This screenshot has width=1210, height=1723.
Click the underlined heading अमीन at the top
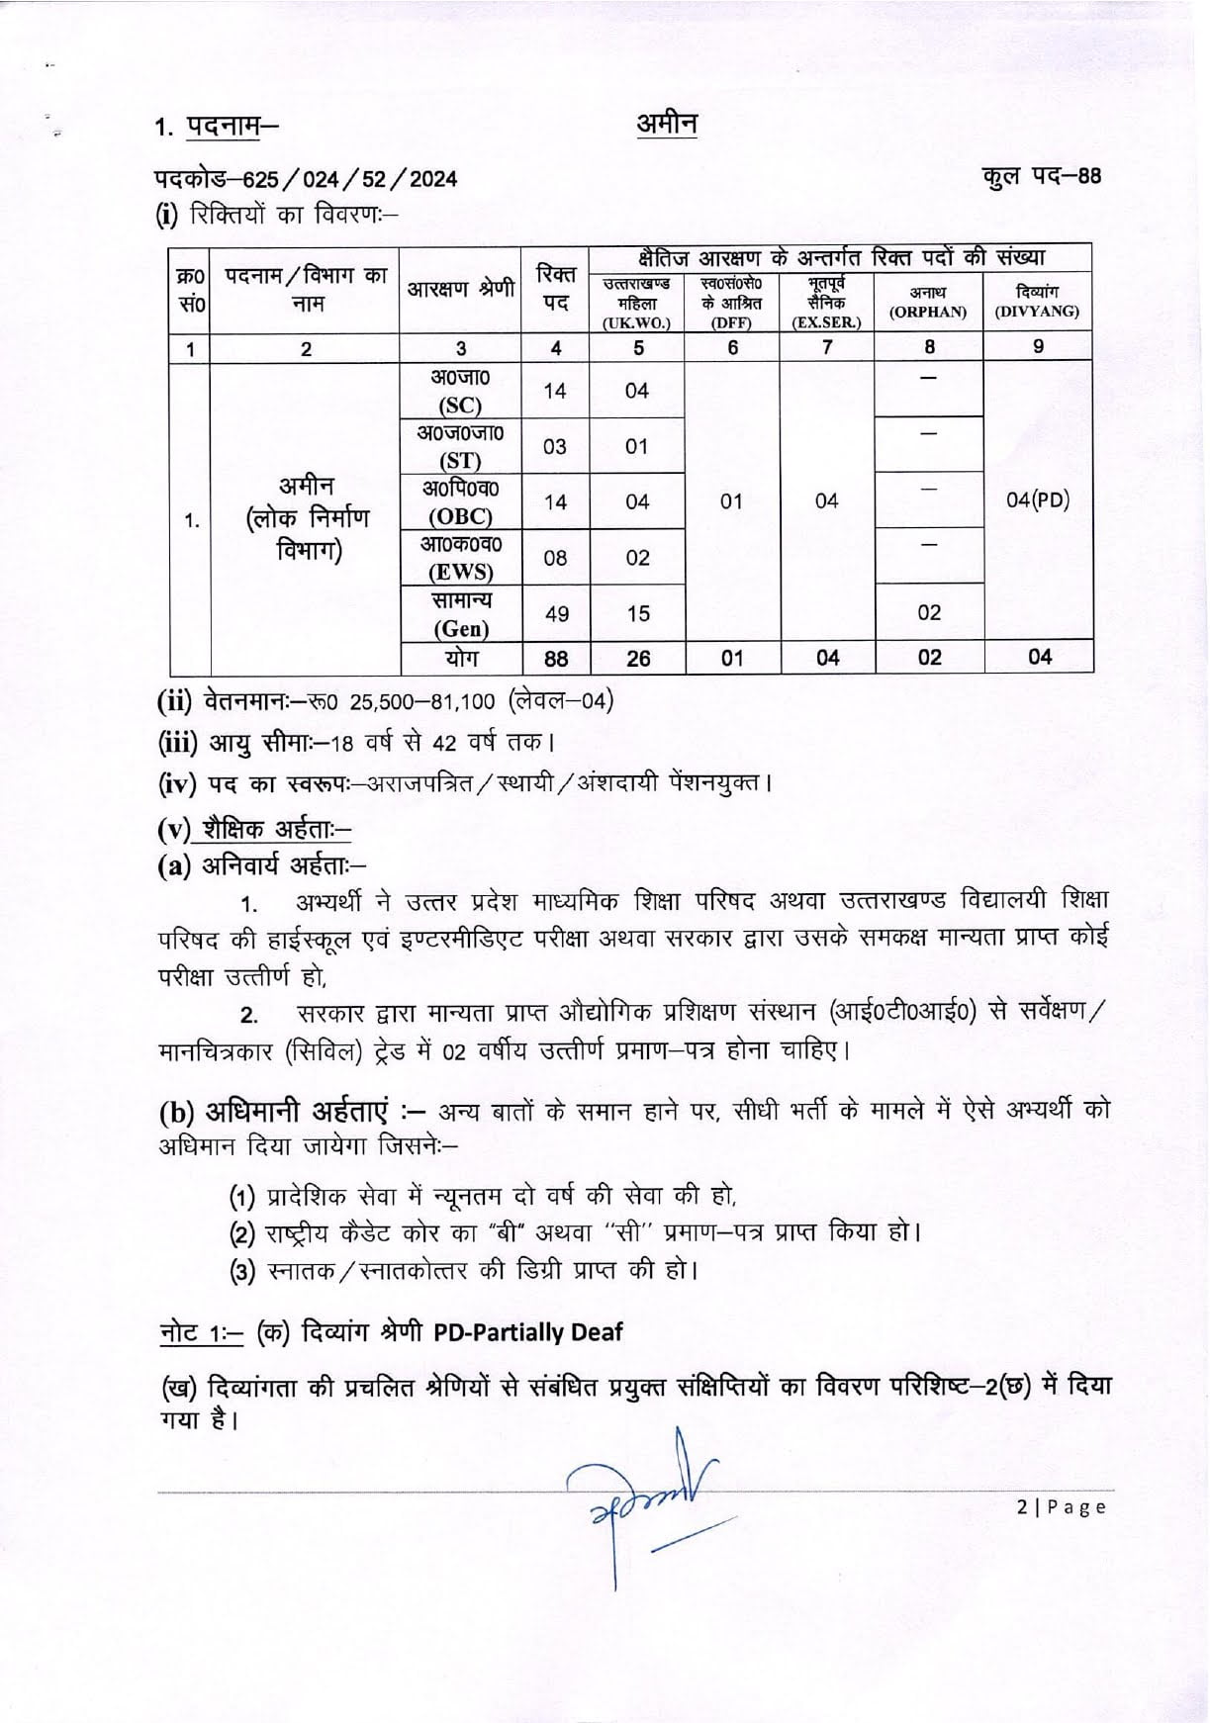coord(666,125)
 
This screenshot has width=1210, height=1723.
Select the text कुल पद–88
coord(1041,176)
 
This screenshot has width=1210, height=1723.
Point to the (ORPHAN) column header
coord(928,312)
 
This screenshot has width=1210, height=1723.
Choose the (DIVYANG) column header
coord(1037,312)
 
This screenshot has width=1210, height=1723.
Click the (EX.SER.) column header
coord(826,322)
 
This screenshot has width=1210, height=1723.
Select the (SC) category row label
coord(460,405)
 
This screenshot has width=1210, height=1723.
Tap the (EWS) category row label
coord(460,572)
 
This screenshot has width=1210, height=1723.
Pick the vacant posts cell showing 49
coord(556,614)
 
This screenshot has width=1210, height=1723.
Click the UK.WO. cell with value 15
coord(638,614)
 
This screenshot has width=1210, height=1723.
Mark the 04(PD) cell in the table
coord(1038,500)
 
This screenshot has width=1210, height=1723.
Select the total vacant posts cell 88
coord(556,658)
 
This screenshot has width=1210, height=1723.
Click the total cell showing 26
coord(638,658)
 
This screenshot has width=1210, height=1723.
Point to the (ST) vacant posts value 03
coord(555,446)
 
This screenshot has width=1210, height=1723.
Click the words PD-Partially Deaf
coord(527,1332)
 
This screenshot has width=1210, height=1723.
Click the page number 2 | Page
coord(1061,1507)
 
